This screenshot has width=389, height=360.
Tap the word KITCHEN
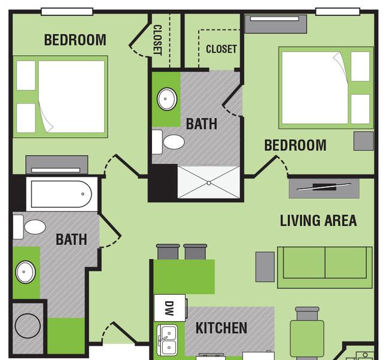(x=221, y=328)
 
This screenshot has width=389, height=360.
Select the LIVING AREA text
(x=318, y=220)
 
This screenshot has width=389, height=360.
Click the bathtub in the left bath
(x=59, y=195)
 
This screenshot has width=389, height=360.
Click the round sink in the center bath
(x=167, y=99)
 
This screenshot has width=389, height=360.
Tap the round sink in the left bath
(x=25, y=272)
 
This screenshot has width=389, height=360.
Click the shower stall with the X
(x=208, y=182)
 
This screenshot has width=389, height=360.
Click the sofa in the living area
(x=324, y=263)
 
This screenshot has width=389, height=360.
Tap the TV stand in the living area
(x=324, y=187)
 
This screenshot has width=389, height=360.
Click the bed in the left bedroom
(x=60, y=96)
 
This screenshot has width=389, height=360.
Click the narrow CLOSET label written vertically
(x=158, y=40)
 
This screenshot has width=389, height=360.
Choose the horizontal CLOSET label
(x=221, y=49)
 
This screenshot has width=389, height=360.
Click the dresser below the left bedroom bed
(x=57, y=164)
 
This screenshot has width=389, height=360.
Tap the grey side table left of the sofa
(x=265, y=267)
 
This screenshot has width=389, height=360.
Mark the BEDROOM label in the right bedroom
(x=295, y=145)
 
